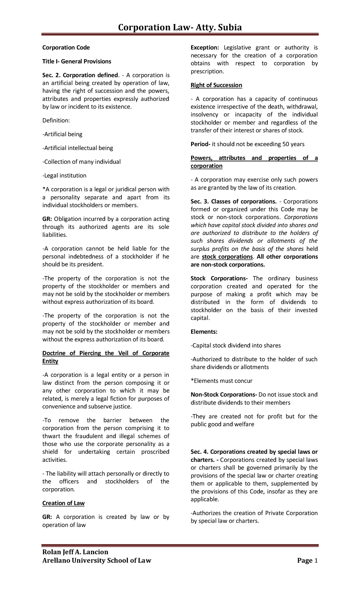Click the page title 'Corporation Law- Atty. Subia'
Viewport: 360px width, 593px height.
point(180,28)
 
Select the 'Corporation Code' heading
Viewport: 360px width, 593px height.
point(66,47)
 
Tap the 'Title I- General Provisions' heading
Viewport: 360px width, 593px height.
point(77,61)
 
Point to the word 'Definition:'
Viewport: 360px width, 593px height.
point(56,120)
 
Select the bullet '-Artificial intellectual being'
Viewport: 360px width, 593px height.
point(78,148)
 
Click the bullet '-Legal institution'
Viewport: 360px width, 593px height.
point(64,176)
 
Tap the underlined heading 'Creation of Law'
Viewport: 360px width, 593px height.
point(64,503)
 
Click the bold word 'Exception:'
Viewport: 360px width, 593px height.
point(205,47)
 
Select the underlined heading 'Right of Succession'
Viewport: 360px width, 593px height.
point(216,85)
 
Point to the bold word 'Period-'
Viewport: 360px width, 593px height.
point(200,144)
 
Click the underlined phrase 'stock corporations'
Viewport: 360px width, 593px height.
point(227,257)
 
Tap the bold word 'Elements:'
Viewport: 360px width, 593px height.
point(204,332)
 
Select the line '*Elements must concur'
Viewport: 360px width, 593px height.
point(222,381)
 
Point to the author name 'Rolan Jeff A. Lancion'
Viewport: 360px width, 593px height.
point(75,552)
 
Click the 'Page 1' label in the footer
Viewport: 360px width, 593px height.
point(307,561)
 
